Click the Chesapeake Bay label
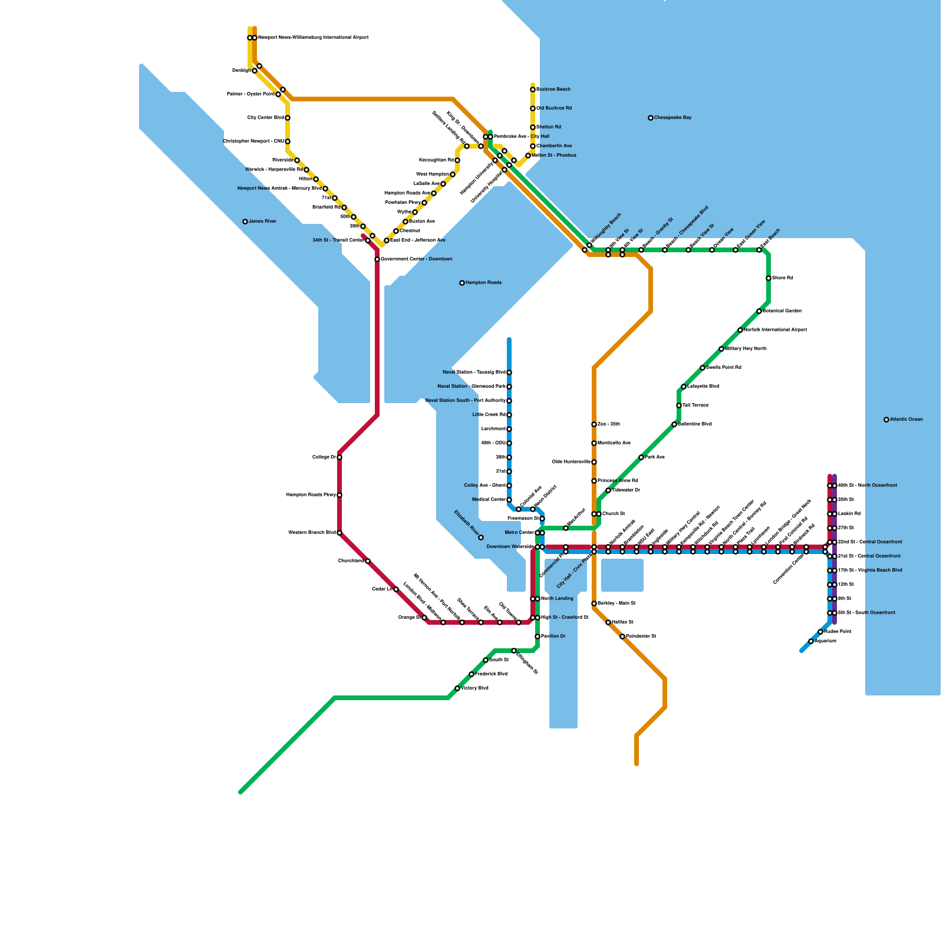point(672,118)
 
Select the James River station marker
point(245,222)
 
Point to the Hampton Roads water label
point(483,283)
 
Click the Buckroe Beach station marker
point(533,90)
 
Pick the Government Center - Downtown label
point(416,259)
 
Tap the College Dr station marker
point(339,457)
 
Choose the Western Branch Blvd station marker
point(339,533)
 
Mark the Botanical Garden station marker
point(759,311)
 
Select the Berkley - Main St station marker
point(594,604)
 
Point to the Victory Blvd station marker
point(457,688)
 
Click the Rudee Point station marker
point(820,632)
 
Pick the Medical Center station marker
point(509,500)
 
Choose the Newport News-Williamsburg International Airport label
point(313,38)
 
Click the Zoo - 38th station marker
point(594,424)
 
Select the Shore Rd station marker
point(769,278)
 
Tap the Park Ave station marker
point(641,457)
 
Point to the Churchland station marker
point(368,561)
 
